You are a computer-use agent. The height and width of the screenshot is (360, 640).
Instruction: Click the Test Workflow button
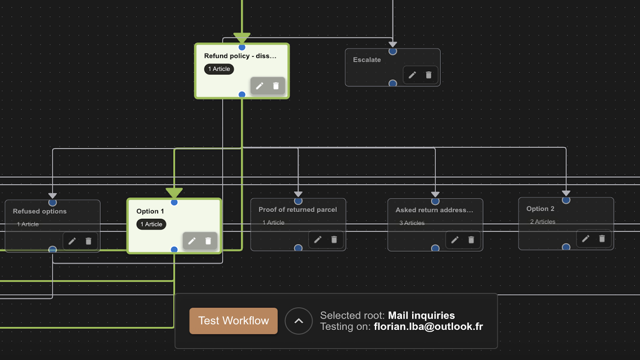coord(233,321)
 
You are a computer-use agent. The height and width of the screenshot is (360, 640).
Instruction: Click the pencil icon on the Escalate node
coord(412,75)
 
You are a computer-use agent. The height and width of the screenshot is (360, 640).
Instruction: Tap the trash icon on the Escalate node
coord(428,75)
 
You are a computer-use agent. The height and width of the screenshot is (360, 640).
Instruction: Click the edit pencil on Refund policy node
coord(260,86)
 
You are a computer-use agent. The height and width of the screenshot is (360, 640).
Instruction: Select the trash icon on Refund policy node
coord(276,86)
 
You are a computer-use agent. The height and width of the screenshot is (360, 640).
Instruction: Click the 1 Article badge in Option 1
coord(151,224)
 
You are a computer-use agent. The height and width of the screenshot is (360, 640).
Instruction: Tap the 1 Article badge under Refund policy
coord(219,69)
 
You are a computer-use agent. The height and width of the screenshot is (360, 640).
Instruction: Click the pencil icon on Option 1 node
coord(192,241)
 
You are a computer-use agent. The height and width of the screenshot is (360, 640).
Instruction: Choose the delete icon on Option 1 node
coord(208,241)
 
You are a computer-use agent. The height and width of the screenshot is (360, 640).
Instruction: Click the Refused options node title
coord(40,211)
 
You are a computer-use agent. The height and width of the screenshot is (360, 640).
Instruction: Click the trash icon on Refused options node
coord(88,241)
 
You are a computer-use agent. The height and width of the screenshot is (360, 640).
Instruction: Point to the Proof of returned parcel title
coord(298,210)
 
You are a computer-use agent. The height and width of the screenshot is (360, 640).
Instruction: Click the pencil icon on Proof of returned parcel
coord(318,240)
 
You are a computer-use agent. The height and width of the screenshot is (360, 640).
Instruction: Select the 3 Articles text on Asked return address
coord(412,223)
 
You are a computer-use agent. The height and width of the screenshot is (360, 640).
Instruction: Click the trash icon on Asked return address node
coord(471,240)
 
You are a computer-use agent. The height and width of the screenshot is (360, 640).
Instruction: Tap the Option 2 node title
coord(540,209)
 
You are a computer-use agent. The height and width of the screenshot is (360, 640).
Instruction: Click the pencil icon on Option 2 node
coord(586,239)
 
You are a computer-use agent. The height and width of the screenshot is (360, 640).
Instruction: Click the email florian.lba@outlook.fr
coord(428,327)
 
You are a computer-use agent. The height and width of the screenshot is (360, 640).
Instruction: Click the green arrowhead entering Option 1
coord(174,193)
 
